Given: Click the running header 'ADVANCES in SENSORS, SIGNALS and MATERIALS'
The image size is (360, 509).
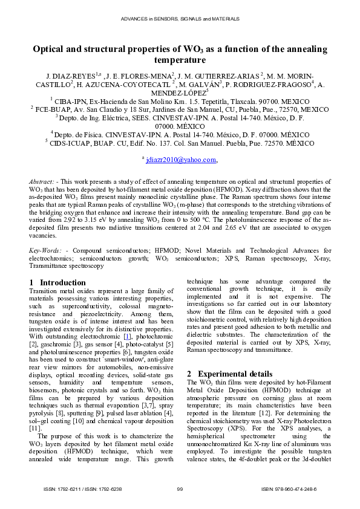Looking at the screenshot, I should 180,19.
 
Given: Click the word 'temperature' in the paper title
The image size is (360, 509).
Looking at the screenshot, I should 180,60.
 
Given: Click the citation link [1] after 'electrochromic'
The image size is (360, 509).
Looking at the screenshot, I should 127,336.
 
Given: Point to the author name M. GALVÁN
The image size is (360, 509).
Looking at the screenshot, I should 198,85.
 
